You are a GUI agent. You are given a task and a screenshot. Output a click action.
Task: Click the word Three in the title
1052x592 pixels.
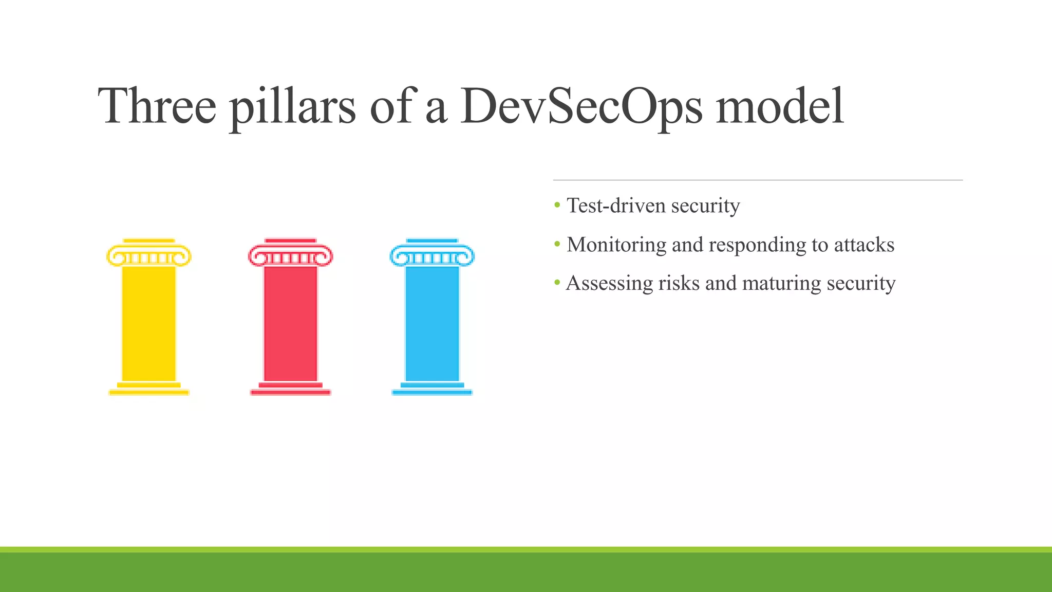tap(157, 106)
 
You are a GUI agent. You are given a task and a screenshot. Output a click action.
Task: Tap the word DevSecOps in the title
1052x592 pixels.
tap(580, 106)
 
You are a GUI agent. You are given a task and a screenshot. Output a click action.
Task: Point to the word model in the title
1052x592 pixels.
tap(779, 106)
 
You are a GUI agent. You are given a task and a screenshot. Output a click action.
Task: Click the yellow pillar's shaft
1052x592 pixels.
tap(149, 324)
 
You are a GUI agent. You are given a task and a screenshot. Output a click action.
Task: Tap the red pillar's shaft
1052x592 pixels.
tap(291, 324)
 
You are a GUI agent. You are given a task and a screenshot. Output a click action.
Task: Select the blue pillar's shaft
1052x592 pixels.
tap(432, 324)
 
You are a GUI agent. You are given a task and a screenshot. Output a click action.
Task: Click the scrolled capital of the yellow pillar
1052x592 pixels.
tap(149, 255)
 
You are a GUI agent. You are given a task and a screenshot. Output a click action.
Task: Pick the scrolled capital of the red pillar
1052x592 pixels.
tap(291, 255)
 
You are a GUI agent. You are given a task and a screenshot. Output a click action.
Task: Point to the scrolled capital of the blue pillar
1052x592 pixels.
tap(432, 255)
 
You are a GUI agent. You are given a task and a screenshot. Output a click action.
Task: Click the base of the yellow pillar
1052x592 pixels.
tap(149, 389)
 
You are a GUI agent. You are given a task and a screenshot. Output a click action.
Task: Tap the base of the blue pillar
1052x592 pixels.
tap(432, 389)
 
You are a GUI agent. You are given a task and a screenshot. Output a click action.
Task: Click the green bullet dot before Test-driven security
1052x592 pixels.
tap(557, 206)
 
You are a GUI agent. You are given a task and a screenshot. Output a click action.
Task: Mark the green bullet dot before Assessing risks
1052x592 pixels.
tap(557, 283)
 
